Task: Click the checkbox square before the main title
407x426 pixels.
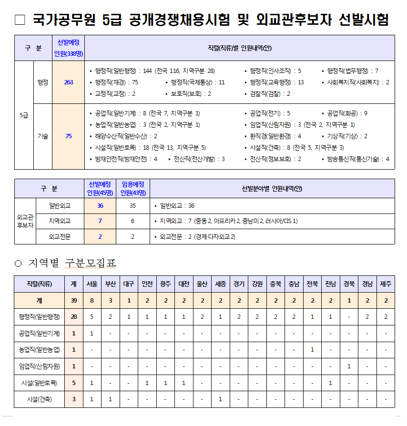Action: coord(20,20)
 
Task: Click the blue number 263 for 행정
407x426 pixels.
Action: coord(69,82)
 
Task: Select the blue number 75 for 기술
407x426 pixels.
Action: coord(69,136)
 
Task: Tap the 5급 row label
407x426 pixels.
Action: coord(24,115)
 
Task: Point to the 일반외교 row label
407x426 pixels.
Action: coord(60,206)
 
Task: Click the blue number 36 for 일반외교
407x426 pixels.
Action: coord(100,206)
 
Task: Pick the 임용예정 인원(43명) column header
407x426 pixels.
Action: coord(133,189)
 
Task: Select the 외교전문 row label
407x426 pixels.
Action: coord(60,236)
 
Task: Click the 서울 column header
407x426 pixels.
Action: coord(92,284)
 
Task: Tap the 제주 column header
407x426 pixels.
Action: coord(386,284)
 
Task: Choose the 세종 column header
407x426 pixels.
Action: coord(220,284)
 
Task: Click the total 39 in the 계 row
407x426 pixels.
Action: coord(74,301)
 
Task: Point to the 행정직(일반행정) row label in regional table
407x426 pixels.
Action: coord(40,317)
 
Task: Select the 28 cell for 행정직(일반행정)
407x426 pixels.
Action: coord(74,317)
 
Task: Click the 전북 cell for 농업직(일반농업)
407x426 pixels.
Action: coord(312,350)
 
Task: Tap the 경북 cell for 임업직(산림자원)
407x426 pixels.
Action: coord(349,366)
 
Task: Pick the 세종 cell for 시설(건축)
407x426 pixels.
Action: coord(220,399)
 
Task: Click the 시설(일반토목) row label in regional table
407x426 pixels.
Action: coord(40,383)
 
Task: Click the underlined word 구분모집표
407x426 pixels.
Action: coord(91,264)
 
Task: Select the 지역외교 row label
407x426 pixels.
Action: coord(60,221)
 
